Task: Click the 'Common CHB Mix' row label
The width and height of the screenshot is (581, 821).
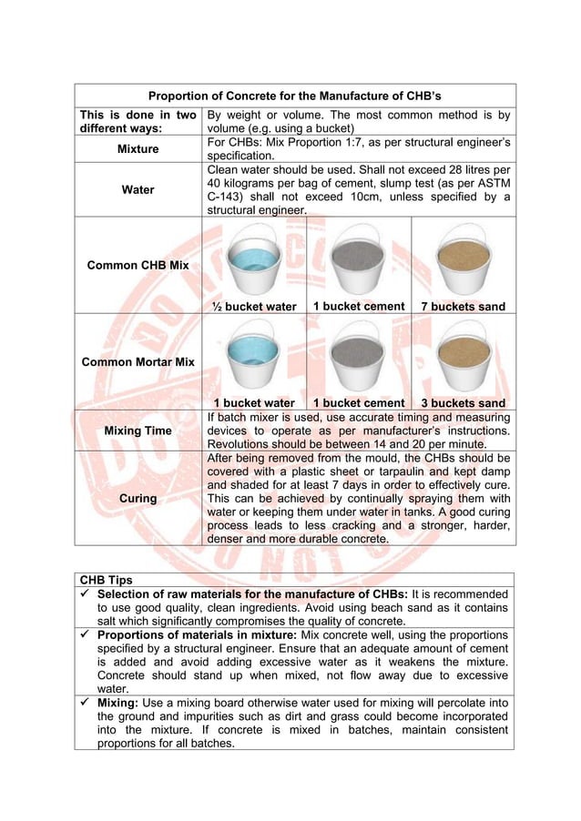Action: (x=138, y=265)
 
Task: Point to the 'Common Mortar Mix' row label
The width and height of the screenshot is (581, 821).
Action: (x=138, y=361)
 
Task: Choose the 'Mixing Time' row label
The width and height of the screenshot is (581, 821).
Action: (x=138, y=430)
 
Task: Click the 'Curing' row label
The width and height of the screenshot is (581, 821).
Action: (x=138, y=498)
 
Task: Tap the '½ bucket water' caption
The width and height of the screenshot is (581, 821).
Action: (x=254, y=307)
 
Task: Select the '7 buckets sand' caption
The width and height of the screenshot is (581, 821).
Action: (x=464, y=307)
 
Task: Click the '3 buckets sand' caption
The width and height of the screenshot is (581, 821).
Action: (x=464, y=403)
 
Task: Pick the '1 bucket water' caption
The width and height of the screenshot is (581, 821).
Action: (x=254, y=403)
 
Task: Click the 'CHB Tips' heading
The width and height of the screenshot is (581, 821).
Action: (x=106, y=578)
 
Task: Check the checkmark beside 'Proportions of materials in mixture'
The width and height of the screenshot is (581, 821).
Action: (x=85, y=634)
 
